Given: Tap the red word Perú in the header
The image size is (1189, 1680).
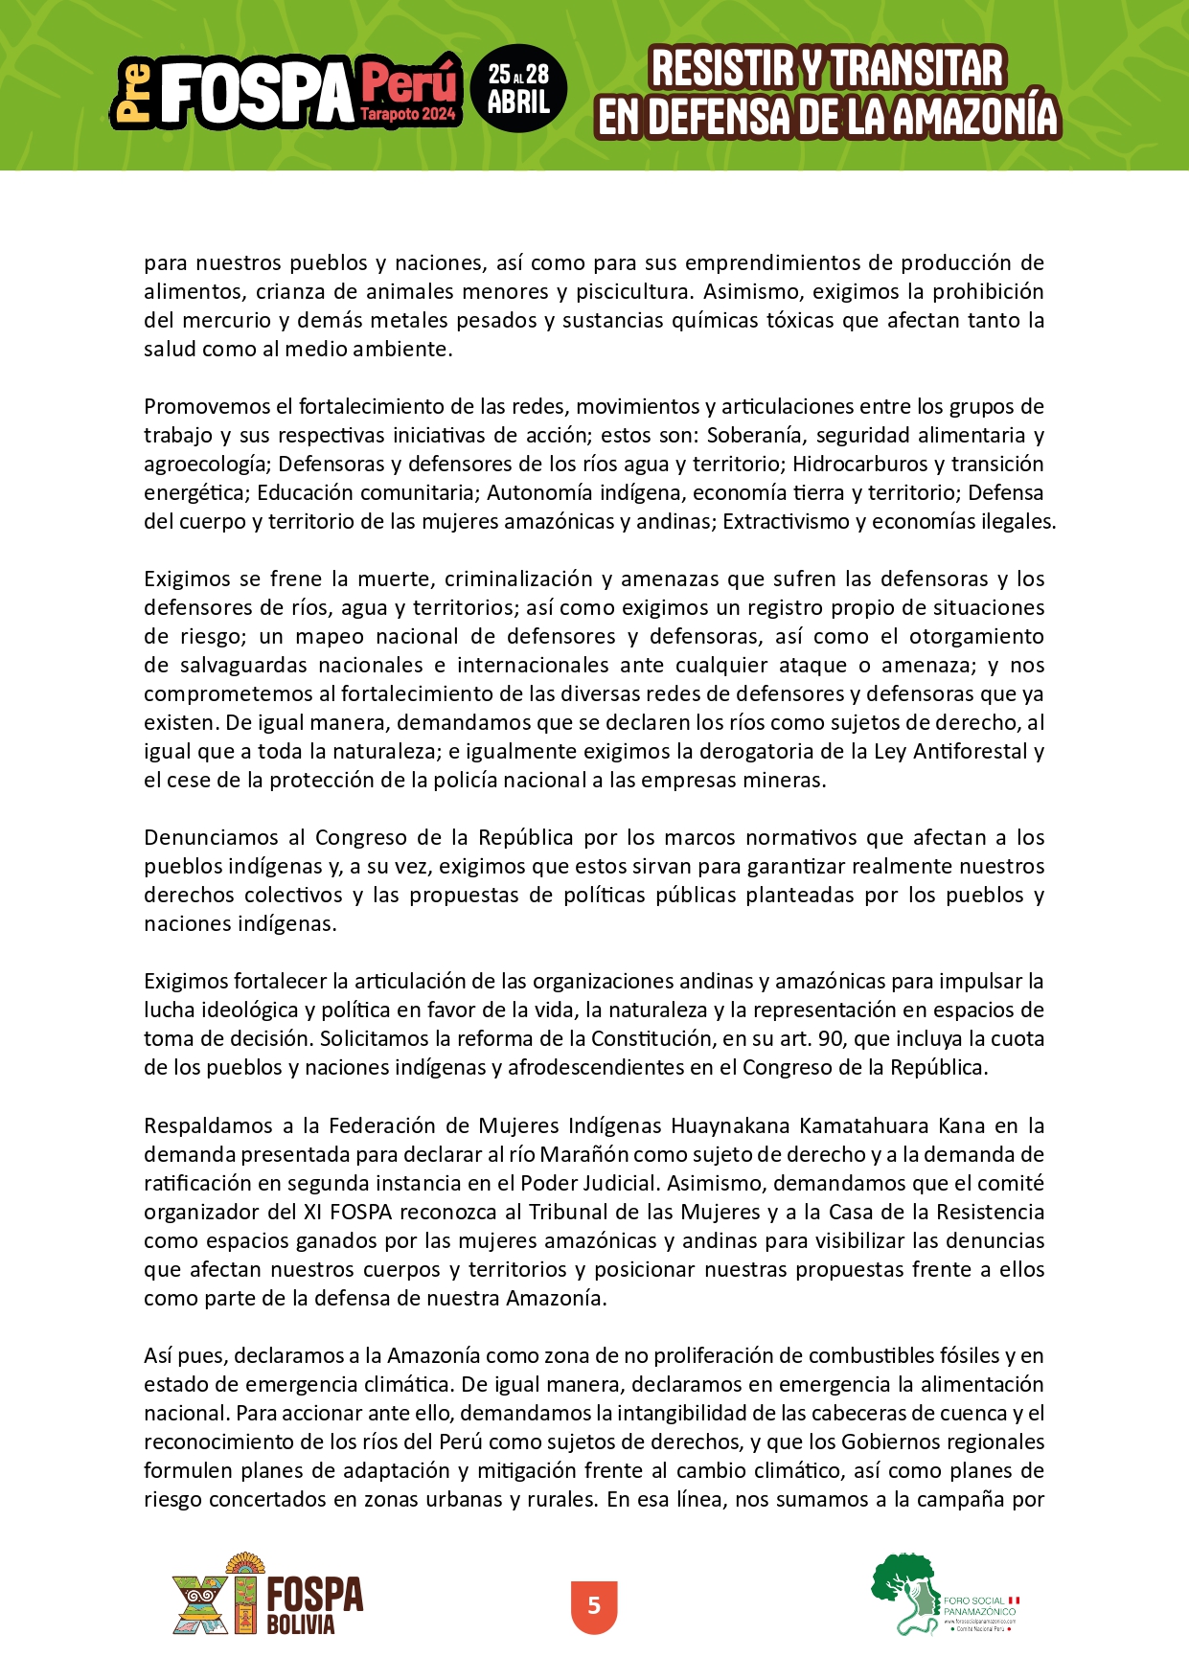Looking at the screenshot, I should (x=409, y=83).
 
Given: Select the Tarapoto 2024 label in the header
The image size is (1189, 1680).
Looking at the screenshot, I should (x=408, y=114).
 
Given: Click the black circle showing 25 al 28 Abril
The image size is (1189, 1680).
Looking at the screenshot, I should (x=518, y=88).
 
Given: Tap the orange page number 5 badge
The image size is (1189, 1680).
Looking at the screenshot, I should (x=594, y=1605).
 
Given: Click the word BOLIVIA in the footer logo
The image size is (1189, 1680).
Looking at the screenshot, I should (x=300, y=1625).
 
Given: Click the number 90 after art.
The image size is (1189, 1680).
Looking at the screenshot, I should (x=831, y=1038).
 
